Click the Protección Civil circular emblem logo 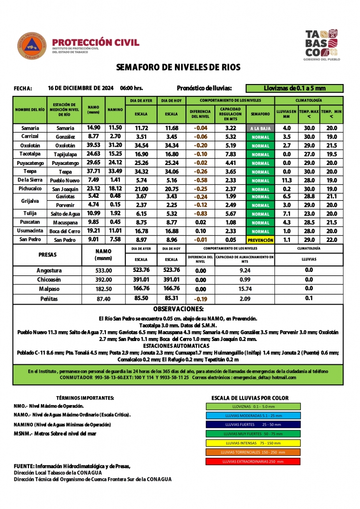(x=32, y=46)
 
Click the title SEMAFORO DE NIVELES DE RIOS (x=178, y=67)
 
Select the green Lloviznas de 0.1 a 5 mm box (x=294, y=88)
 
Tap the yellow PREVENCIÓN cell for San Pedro (x=260, y=240)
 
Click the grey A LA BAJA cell (x=260, y=128)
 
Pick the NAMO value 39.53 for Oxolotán (x=93, y=145)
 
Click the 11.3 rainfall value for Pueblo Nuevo (x=286, y=180)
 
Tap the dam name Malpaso (x=49, y=289)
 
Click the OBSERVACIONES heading (x=178, y=309)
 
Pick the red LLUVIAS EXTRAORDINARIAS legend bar (x=253, y=461)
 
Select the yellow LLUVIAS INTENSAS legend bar (x=253, y=443)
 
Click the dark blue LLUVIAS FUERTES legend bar (x=253, y=424)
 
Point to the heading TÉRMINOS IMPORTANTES (x=85, y=398)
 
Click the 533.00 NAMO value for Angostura (x=103, y=270)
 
